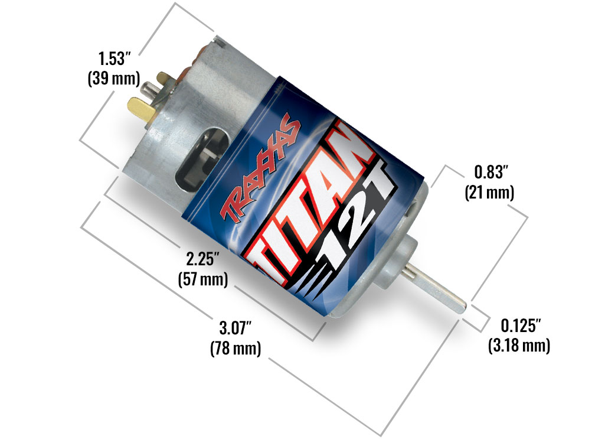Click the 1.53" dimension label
[x=112, y=58]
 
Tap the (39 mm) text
[x=114, y=79]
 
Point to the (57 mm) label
[x=203, y=279]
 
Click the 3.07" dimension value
[x=236, y=328]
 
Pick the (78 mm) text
[x=236, y=348]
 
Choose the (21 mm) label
[x=490, y=192]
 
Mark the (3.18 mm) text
[x=519, y=346]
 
